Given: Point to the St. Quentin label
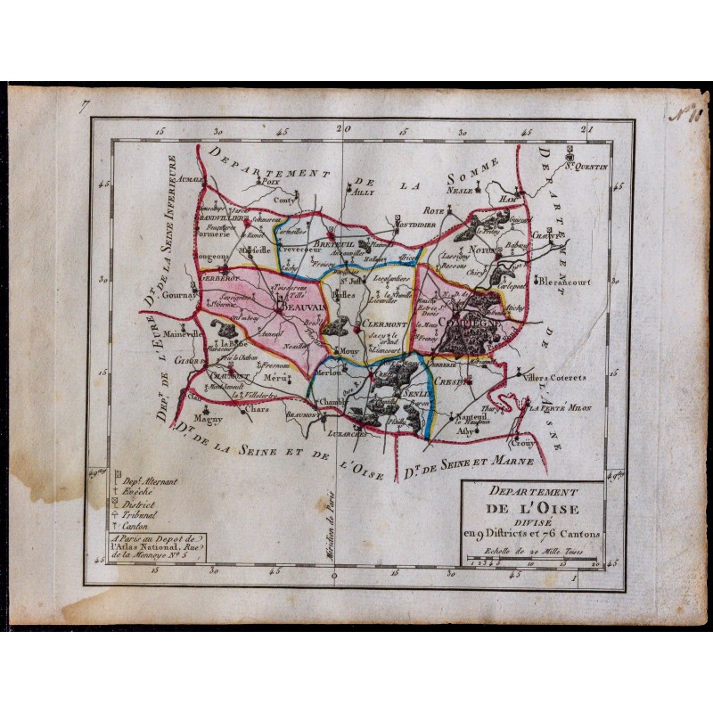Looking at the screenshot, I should tap(586, 167).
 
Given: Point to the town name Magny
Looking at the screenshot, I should tap(209, 417).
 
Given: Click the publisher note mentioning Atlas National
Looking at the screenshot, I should tap(153, 547).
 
